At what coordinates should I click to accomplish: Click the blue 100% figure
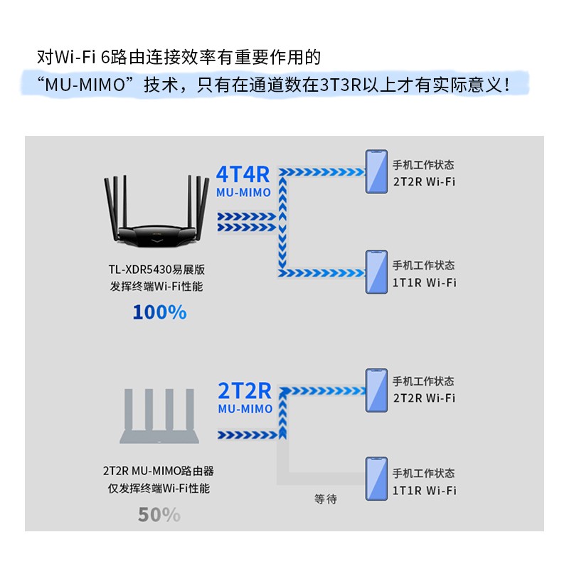pyautogui.click(x=159, y=312)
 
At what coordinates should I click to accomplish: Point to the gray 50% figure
pyautogui.click(x=159, y=514)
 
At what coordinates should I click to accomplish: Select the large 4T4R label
pyautogui.click(x=243, y=175)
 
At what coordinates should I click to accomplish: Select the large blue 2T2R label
pyautogui.click(x=245, y=390)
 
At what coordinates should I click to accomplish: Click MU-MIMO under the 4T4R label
pyautogui.click(x=243, y=193)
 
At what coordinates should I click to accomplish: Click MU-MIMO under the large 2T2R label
pyautogui.click(x=245, y=409)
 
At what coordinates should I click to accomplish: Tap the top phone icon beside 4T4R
pyautogui.click(x=376, y=171)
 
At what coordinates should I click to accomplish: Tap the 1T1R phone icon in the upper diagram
pyautogui.click(x=376, y=272)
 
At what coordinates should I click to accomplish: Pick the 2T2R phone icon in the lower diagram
pyautogui.click(x=376, y=390)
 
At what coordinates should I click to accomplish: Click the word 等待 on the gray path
pyautogui.click(x=326, y=499)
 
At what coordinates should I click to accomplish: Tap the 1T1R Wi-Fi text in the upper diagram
pyautogui.click(x=425, y=282)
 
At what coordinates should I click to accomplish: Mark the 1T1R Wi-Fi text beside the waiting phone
pyautogui.click(x=425, y=490)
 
